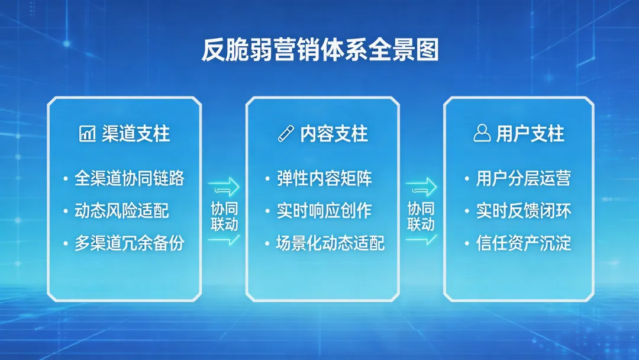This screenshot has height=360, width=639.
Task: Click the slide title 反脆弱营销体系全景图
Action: tap(319, 51)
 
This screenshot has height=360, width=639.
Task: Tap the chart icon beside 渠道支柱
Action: tap(87, 134)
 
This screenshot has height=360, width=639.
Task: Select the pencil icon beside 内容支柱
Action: tap(286, 134)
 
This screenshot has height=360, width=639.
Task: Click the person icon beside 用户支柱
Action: tap(482, 134)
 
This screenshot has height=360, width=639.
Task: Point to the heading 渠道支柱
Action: tap(135, 134)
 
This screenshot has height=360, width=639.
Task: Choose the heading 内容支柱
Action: tap(334, 134)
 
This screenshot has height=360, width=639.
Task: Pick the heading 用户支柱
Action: tap(530, 134)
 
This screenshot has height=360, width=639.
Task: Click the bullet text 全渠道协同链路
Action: tap(130, 178)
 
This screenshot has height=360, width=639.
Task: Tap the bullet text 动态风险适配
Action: tap(122, 211)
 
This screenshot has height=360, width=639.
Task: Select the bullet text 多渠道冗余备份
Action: tap(130, 243)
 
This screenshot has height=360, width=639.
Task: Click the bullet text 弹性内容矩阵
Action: tap(324, 178)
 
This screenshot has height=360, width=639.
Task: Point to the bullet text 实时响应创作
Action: tap(324, 211)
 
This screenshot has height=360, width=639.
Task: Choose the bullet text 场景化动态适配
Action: tap(330, 243)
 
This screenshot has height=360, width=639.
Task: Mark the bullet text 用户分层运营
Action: tap(524, 178)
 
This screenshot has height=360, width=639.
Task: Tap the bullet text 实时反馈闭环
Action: tap(524, 211)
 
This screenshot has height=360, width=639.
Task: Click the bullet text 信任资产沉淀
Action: tap(524, 243)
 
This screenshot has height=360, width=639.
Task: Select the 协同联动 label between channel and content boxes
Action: tap(224, 217)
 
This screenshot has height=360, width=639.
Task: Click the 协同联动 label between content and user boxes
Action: tap(421, 217)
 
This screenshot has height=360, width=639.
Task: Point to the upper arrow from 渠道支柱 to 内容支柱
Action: tap(224, 187)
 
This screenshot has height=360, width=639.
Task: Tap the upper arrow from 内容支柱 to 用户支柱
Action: tap(421, 187)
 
